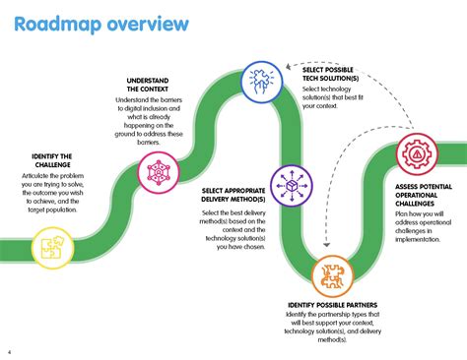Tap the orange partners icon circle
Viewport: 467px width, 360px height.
[x=332, y=277]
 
